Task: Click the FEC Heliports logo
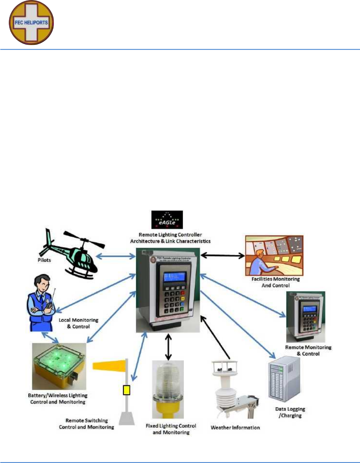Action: tap(31, 23)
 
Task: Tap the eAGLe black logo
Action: tap(167, 220)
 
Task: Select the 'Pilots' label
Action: tap(44, 260)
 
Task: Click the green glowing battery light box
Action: tap(59, 366)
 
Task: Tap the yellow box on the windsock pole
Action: tap(126, 390)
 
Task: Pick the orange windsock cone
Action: tap(109, 365)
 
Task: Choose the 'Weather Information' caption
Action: tap(235, 427)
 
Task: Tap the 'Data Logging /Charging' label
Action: tap(290, 412)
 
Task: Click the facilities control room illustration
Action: tap(274, 255)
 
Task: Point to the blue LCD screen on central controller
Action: tap(175, 277)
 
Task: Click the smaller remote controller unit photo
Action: tap(306, 317)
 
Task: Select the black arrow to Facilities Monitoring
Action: tap(222, 255)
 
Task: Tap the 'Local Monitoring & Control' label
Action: tap(78, 323)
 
